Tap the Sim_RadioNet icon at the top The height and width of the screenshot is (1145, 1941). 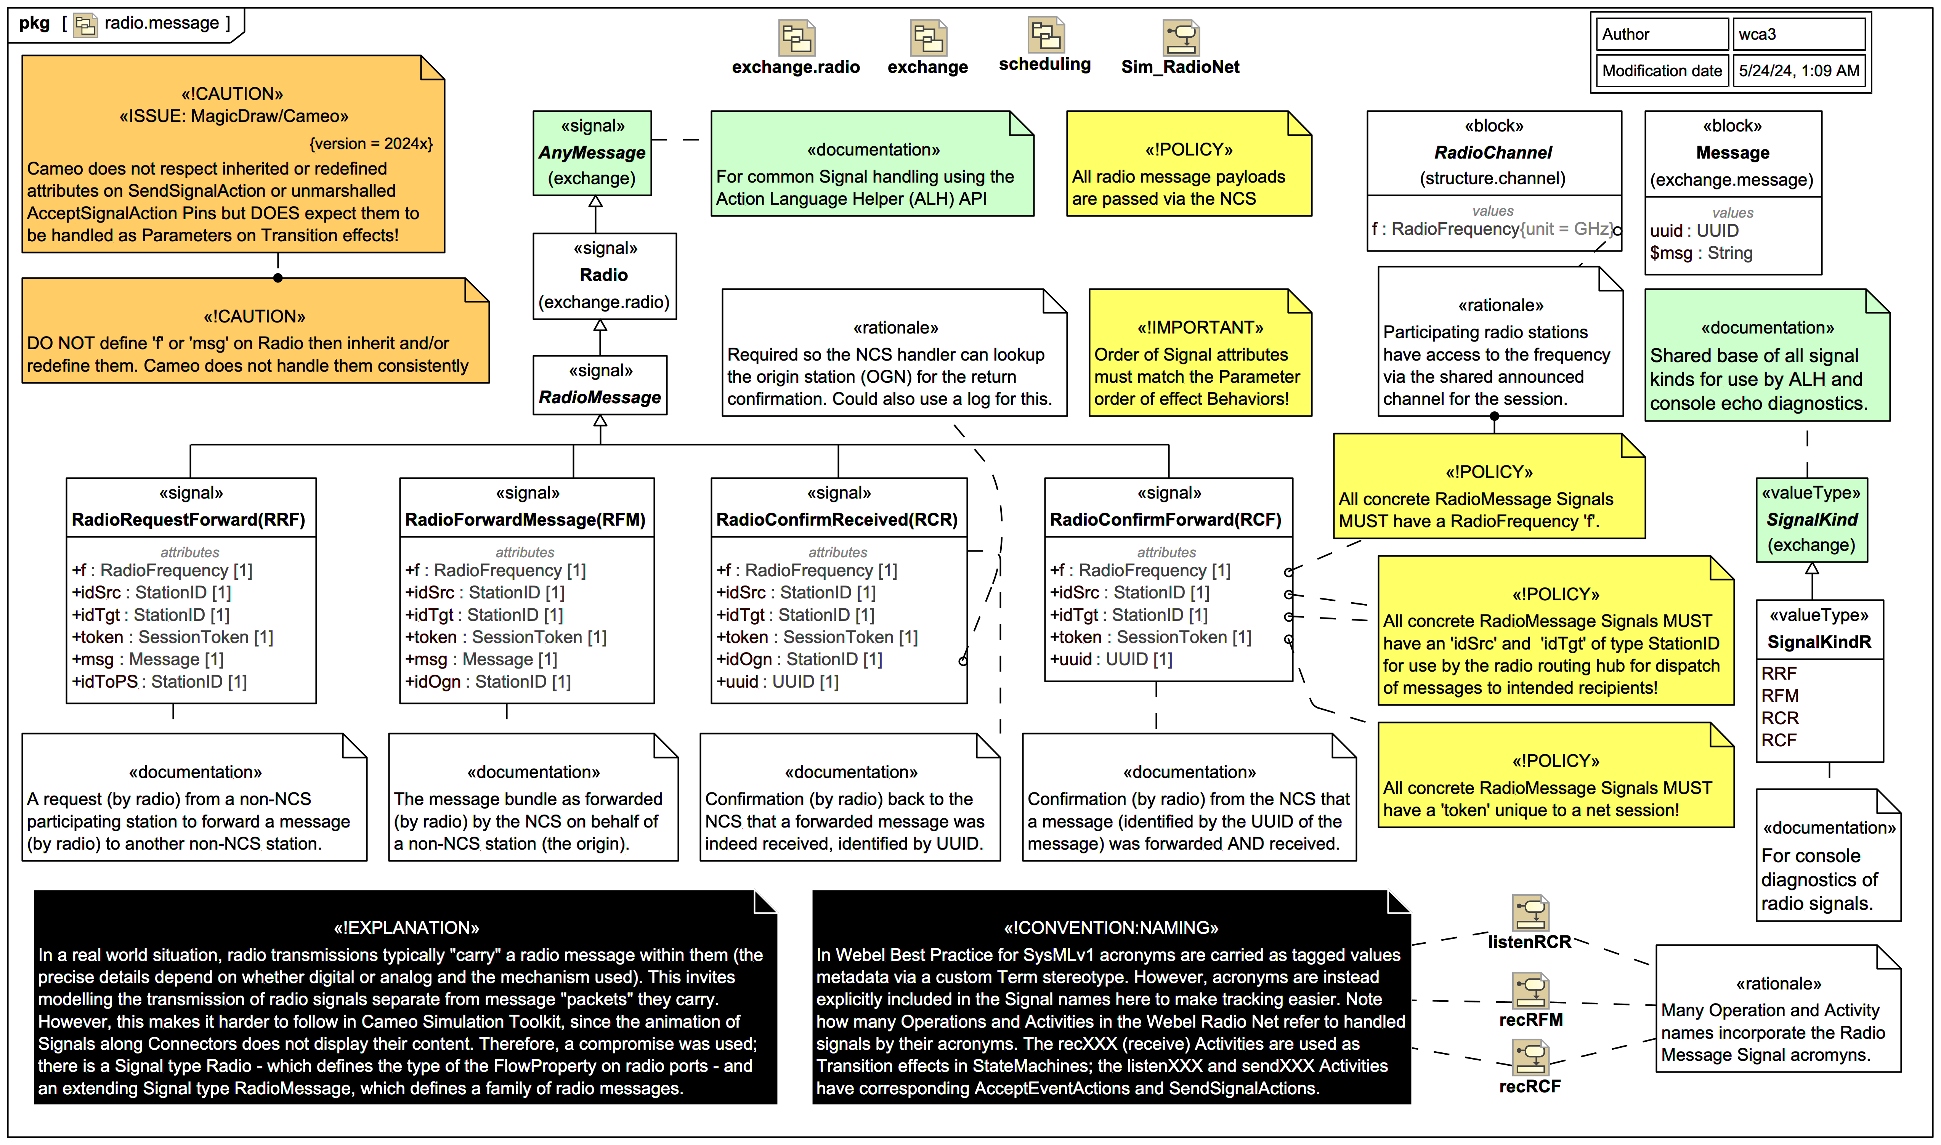point(1180,37)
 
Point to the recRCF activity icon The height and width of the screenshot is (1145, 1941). point(1530,1057)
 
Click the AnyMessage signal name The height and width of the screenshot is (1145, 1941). point(592,153)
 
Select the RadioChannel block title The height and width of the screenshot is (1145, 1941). point(1493,153)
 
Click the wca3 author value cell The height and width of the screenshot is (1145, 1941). point(1798,34)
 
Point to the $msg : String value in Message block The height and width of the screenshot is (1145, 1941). point(1701,253)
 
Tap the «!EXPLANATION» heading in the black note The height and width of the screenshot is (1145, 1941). point(407,927)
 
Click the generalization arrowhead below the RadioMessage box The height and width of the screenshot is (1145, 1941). point(600,421)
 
